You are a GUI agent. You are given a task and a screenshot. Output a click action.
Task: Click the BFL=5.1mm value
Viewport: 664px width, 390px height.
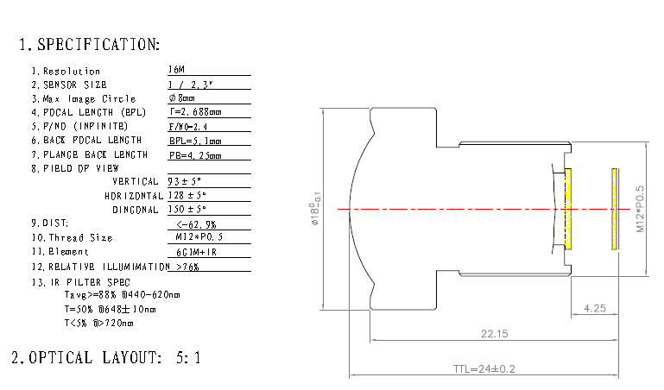coord(195,140)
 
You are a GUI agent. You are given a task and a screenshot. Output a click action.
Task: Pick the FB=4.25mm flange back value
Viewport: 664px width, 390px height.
coord(195,154)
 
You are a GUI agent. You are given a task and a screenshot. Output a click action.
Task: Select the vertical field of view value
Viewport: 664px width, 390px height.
coord(184,181)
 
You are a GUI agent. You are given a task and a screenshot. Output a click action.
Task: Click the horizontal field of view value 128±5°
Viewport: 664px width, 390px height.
coord(187,195)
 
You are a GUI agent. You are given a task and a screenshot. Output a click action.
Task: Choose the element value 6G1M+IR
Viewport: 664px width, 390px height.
coord(195,251)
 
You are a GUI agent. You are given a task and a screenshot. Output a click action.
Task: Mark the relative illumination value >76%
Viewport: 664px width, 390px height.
coord(187,267)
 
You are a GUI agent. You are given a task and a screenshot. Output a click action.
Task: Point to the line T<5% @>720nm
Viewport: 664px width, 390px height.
coord(99,323)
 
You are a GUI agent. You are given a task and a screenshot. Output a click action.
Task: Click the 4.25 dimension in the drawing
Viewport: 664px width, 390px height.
coord(593,307)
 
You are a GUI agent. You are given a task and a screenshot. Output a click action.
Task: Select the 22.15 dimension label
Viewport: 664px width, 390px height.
coord(490,333)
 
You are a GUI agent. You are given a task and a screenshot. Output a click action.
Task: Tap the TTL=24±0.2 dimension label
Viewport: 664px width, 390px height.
coord(484,368)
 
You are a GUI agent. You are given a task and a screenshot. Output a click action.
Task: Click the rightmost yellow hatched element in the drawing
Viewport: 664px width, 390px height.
coord(614,209)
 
